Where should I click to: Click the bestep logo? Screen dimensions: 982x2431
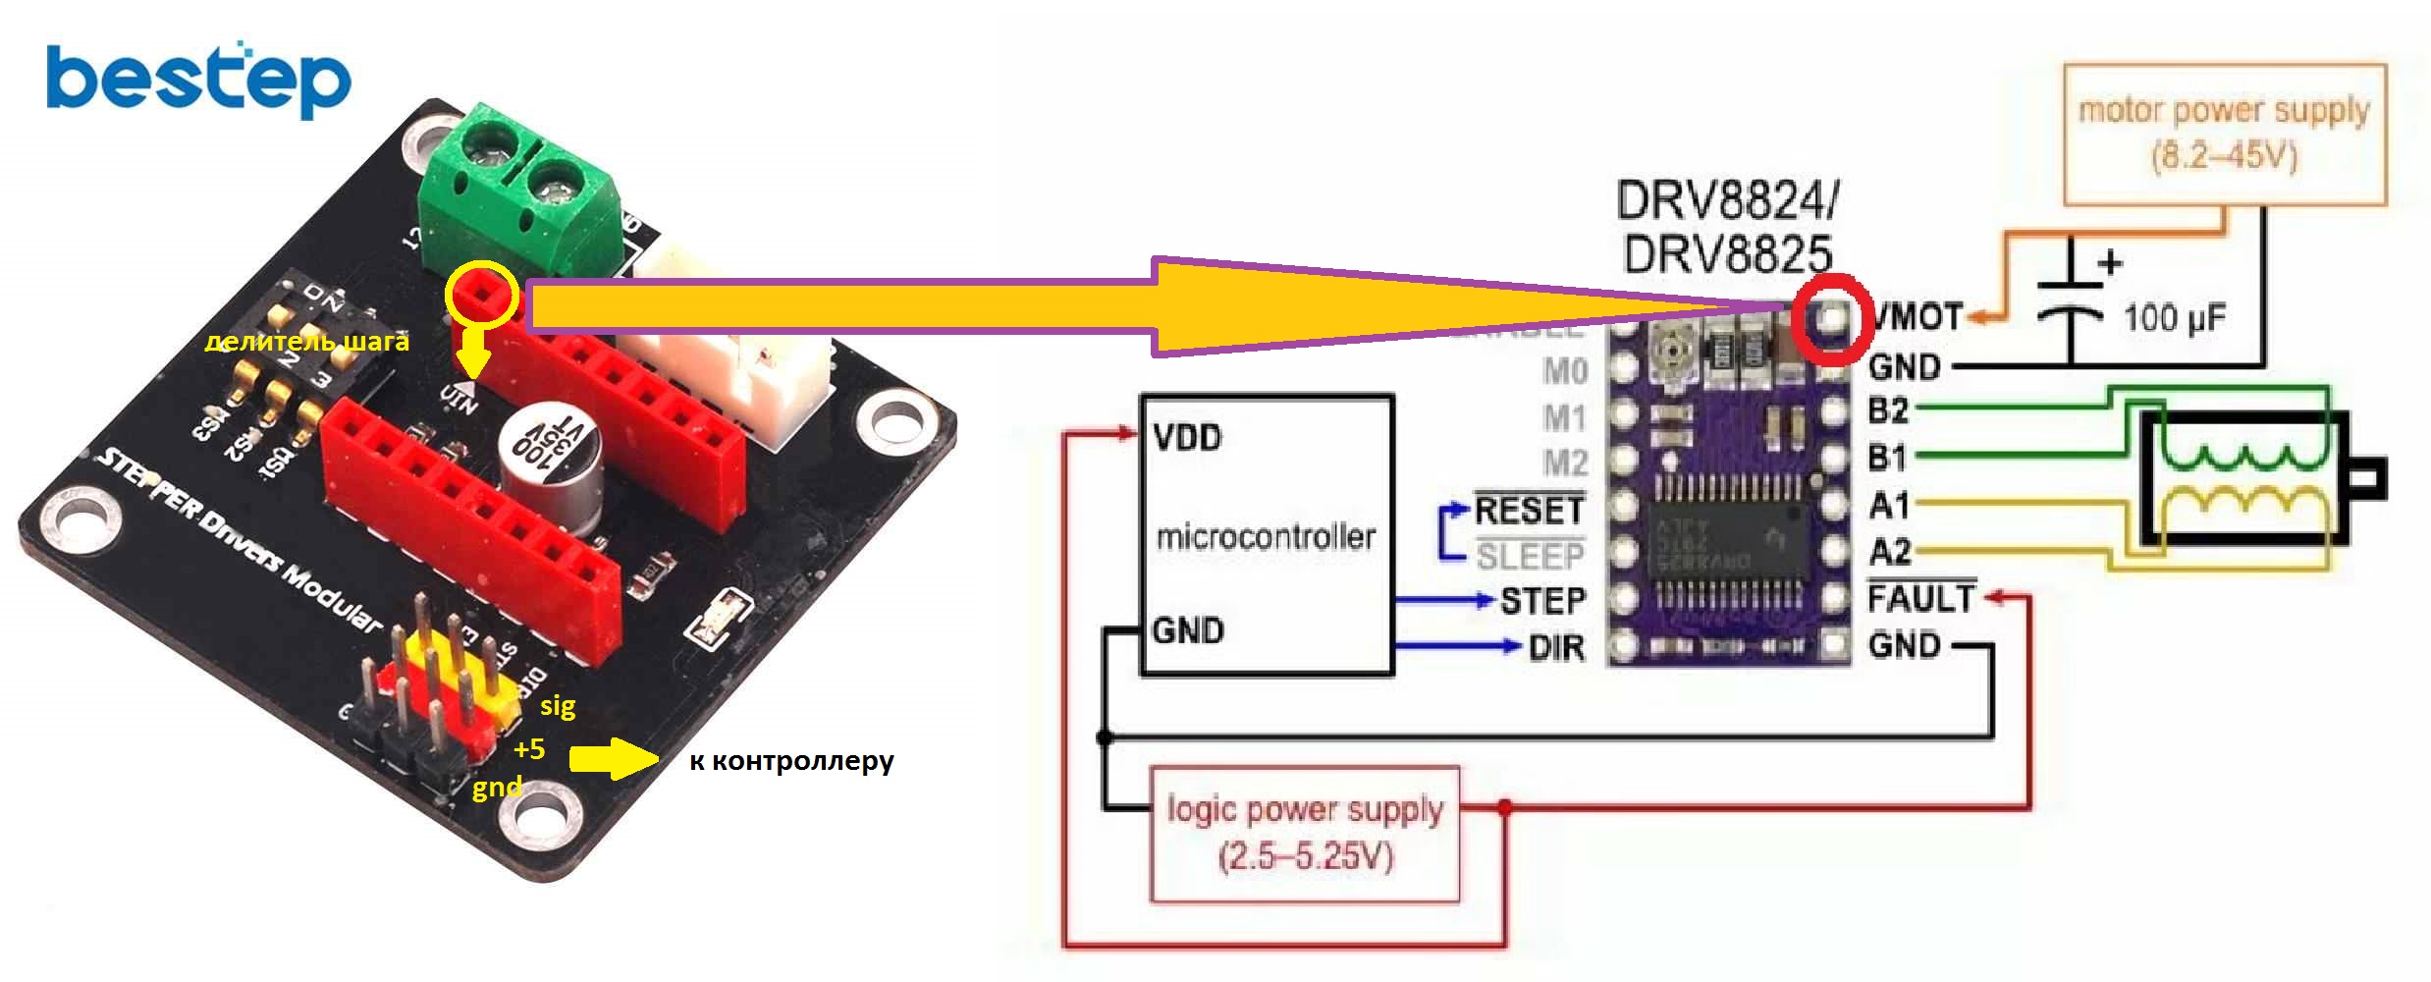(x=198, y=81)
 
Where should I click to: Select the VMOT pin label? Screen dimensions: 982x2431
(x=1917, y=317)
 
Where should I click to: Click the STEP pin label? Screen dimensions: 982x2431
(x=1542, y=600)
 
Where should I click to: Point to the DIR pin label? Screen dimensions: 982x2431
(x=1556, y=647)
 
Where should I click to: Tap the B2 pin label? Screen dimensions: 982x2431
(x=1888, y=410)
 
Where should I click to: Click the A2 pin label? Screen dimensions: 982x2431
(x=1889, y=552)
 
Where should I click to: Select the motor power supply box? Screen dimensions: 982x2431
(x=2225, y=135)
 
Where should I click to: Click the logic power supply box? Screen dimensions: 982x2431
(x=1305, y=834)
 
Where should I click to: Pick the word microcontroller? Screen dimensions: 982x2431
(x=1266, y=537)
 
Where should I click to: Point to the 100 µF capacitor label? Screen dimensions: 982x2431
(x=2175, y=318)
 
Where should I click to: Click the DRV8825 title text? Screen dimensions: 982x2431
(x=1727, y=254)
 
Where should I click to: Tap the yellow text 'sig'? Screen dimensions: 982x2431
(x=558, y=705)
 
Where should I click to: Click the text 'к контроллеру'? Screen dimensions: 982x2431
(x=791, y=761)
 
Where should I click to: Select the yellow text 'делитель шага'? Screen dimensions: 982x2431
(x=306, y=342)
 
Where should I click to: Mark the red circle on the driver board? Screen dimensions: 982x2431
(x=1826, y=320)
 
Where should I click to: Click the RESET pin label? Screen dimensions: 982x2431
(x=1529, y=511)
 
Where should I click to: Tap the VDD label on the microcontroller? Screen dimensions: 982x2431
(x=1188, y=437)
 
